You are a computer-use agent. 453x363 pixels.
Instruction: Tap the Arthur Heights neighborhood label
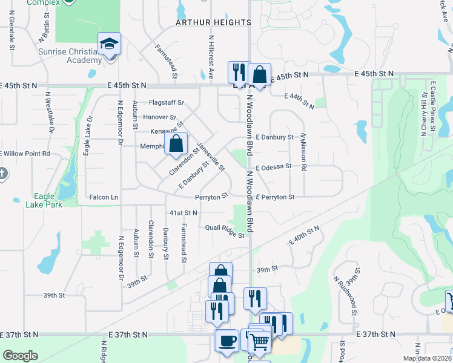(213, 22)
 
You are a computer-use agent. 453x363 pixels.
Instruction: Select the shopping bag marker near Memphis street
(176, 144)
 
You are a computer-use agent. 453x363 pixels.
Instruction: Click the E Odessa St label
(273, 166)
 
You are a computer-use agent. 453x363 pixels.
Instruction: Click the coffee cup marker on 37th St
(227, 341)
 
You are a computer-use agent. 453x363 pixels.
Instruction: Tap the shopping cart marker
(259, 341)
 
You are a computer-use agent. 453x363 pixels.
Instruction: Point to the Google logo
(20, 355)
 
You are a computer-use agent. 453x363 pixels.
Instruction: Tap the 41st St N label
(184, 213)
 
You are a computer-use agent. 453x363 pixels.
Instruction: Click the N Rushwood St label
(345, 297)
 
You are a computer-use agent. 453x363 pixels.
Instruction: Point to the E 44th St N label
(300, 100)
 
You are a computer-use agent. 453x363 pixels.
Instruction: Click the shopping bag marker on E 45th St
(259, 75)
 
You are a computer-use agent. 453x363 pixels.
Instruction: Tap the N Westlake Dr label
(50, 113)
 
